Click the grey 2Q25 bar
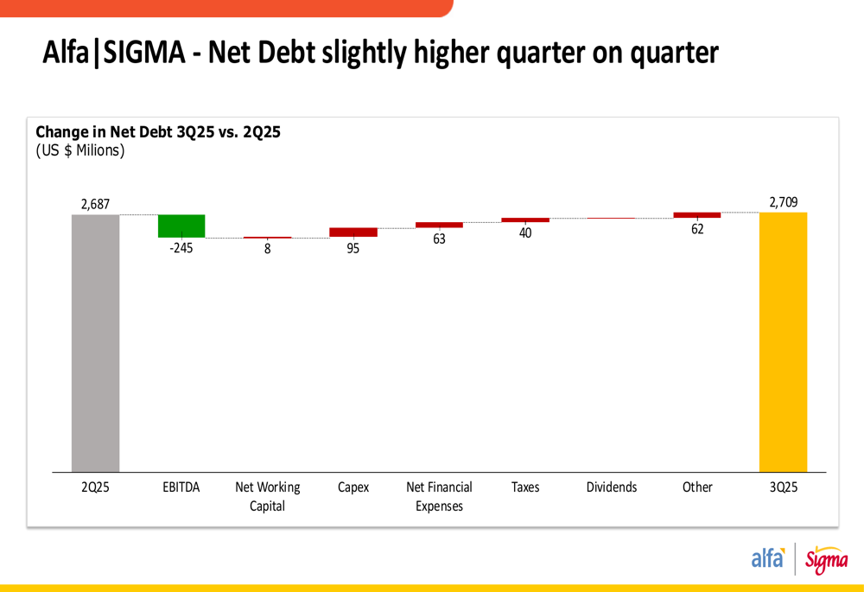pos(95,342)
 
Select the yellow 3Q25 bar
pos(783,341)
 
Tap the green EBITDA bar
pos(181,226)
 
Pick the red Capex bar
pos(353,232)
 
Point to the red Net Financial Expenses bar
pos(439,225)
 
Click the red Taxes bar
pos(525,220)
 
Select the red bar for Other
pos(697,215)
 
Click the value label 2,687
pos(95,205)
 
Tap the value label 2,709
pos(784,202)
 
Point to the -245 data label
pos(181,249)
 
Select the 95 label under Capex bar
pos(353,249)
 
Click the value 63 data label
pos(439,239)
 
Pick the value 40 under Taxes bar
pos(525,233)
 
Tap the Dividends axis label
pos(612,487)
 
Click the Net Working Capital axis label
pos(268,496)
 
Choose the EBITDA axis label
pos(181,487)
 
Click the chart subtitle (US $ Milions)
pos(80,150)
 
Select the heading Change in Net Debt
pos(158,132)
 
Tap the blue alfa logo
pos(767,558)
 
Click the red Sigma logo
pos(826,560)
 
